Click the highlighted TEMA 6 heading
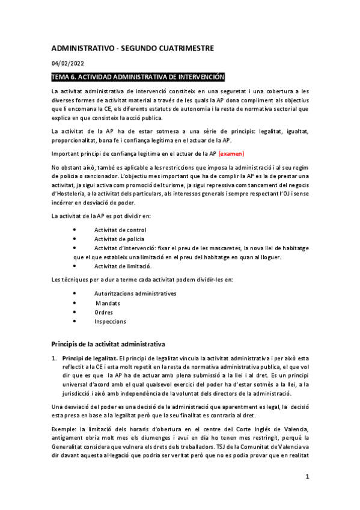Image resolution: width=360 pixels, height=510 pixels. click(138, 77)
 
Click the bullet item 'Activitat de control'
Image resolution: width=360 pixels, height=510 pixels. click(120, 230)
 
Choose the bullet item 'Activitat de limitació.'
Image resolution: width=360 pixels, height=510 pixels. click(123, 265)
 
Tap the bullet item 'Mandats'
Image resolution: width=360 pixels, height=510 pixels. click(108, 303)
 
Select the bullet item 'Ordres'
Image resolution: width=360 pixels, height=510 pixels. click(104, 312)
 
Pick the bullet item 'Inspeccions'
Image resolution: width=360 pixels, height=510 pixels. click(110, 321)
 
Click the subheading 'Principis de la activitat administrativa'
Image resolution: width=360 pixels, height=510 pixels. click(109, 345)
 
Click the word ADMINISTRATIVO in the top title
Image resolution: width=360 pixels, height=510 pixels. click(90, 48)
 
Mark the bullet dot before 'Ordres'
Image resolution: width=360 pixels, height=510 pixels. click(74, 312)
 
